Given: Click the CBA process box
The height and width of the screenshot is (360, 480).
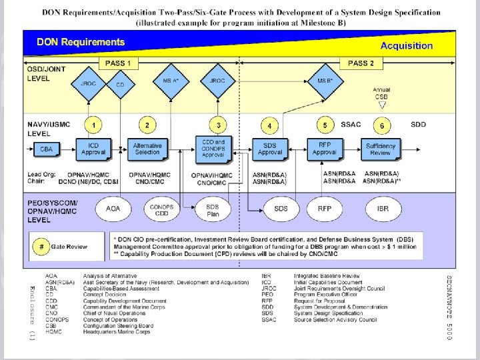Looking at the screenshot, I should point(47,149).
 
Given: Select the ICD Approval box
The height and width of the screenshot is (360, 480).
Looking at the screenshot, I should point(93,149).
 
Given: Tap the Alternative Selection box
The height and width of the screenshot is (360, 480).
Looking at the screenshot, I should point(147,149).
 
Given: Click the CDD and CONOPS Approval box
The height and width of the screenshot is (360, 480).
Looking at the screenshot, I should point(213,148).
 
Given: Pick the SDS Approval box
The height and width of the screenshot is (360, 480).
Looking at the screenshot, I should point(270,149).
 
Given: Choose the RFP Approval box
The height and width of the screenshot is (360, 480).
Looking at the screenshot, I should point(325,149).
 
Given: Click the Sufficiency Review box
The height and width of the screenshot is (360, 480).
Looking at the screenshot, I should point(381,149).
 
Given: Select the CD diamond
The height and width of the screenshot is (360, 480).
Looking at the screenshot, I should point(120,85).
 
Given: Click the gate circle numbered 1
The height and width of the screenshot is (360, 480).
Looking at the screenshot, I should point(94,125).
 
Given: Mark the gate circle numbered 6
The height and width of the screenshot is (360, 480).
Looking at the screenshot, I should point(381,125).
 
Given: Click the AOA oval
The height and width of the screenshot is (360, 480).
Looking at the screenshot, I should point(114,209).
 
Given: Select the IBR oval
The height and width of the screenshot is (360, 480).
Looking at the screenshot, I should point(382,209).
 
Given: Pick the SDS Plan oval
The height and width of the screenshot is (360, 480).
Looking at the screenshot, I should point(212,209).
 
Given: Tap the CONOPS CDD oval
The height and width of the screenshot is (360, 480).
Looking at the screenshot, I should point(162,209).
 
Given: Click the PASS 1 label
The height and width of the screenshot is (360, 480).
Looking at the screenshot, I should point(119,63).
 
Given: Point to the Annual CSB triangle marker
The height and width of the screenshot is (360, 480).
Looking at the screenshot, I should point(382,105).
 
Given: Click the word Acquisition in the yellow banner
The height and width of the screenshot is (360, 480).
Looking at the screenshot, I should point(406,46).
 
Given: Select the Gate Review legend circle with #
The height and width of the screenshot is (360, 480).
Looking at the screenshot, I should point(42,247).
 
